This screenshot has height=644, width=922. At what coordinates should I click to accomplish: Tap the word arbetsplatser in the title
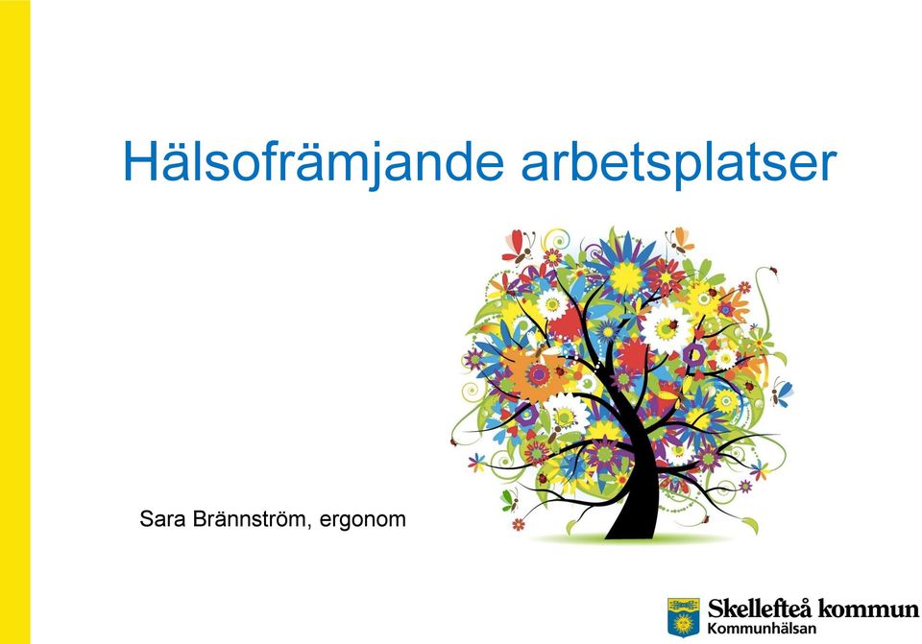pos(679,163)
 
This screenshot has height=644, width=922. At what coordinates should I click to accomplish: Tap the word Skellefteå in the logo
pos(760,608)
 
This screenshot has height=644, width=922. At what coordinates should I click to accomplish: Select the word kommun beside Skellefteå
pos(868,608)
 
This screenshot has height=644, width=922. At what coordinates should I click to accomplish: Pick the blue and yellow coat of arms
pos(683,617)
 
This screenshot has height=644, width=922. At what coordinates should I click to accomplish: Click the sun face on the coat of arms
pos(683,623)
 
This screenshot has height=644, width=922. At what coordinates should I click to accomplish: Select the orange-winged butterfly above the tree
pos(680,239)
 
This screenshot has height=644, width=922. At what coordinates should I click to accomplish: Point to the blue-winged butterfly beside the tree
pos(782,391)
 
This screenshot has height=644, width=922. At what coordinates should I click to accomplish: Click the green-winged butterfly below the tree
pos(509,499)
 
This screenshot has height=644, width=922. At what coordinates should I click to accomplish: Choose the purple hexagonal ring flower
pos(694,354)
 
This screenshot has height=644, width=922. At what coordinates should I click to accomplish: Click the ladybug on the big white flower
pos(671,323)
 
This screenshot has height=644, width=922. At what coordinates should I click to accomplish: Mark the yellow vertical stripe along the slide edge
pos(14,322)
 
